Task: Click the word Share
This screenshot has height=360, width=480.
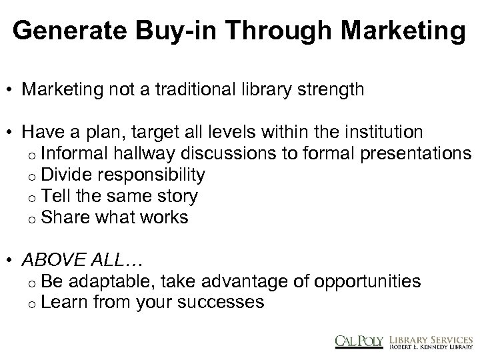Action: [x=62, y=217]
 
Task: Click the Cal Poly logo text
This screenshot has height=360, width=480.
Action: [x=359, y=339]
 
